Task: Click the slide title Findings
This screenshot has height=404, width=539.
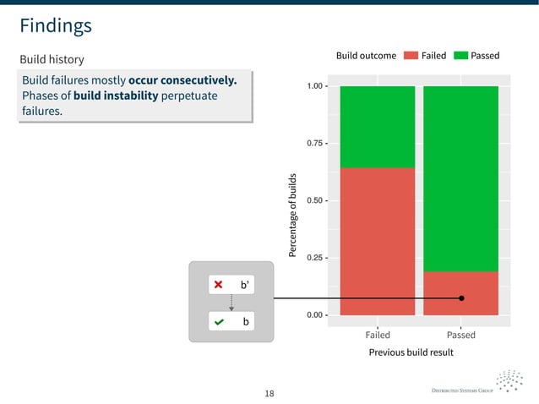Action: [56, 26]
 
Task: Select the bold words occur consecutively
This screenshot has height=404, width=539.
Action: [182, 80]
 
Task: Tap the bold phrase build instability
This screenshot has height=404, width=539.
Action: [116, 96]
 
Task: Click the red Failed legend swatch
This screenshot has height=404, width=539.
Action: [411, 56]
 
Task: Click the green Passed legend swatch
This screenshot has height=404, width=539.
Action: [461, 56]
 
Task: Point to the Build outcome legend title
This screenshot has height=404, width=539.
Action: [366, 56]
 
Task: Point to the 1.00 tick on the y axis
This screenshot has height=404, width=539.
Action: [317, 86]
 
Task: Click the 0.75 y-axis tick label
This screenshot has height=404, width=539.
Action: [317, 144]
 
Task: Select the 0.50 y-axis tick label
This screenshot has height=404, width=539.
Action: [317, 200]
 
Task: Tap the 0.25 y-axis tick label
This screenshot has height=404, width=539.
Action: [317, 258]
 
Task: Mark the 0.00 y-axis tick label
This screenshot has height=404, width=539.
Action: [317, 315]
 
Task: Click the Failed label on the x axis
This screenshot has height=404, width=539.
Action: [377, 335]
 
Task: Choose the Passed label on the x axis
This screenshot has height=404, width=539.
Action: [460, 335]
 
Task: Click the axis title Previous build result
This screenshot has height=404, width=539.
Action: [411, 352]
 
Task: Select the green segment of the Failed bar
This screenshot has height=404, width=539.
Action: [377, 127]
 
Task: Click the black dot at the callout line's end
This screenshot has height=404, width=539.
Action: [461, 298]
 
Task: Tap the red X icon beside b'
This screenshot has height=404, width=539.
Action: [219, 286]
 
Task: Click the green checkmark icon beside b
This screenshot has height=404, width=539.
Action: [219, 323]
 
